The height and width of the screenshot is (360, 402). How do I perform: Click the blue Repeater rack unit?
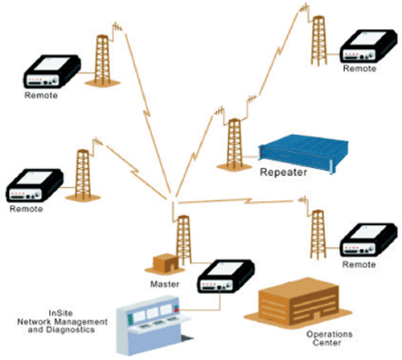[303, 153]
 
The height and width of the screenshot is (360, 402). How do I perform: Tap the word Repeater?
[284, 172]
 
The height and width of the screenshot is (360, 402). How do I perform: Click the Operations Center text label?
[329, 338]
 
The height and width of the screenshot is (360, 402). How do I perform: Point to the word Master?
[165, 284]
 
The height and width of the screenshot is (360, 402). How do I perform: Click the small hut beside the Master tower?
[165, 264]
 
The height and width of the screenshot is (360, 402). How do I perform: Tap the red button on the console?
[176, 310]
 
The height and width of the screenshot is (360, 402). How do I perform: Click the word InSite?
[60, 313]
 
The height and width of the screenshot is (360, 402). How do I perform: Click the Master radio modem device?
[226, 276]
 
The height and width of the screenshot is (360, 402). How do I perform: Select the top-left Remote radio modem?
[52, 72]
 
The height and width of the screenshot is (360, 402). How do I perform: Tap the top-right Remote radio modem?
[368, 46]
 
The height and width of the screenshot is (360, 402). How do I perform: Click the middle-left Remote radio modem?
[35, 185]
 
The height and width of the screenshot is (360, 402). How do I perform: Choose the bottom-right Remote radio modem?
[368, 239]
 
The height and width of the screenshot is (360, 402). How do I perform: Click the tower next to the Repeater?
[234, 145]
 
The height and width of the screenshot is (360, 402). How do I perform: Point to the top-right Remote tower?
[318, 40]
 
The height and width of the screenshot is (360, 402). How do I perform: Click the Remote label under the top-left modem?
[41, 96]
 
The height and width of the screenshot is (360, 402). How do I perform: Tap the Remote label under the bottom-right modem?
[359, 264]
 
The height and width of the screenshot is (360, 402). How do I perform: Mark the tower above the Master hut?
[184, 239]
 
